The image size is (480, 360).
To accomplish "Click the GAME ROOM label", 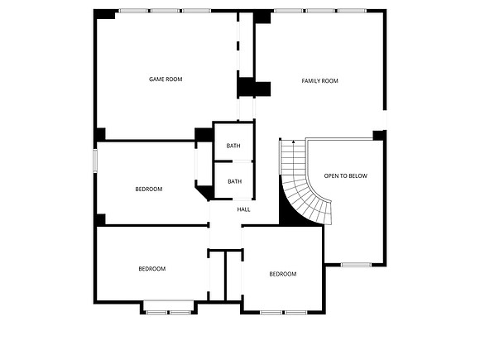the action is (166, 79).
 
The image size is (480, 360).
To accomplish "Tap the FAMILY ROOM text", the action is (320, 81).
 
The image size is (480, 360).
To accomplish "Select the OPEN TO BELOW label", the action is (346, 176).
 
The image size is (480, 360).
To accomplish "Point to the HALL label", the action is (243, 209).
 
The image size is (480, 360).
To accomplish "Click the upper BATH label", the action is (233, 146).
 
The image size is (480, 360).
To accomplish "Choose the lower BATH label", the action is (234, 181).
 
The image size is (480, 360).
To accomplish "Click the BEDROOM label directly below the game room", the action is (149, 190).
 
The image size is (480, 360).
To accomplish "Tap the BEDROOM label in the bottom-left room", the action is (152, 269).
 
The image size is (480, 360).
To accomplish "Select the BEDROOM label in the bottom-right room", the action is (283, 274).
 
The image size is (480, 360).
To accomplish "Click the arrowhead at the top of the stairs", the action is (294, 142).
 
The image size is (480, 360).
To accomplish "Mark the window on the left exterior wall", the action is (95, 161).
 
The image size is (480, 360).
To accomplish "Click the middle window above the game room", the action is (165, 11).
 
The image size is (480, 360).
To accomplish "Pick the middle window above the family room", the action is (320, 11).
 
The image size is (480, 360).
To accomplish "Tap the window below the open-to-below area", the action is (357, 265).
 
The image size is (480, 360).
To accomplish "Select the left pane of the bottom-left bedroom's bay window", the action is (156, 313).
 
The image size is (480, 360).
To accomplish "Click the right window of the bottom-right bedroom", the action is (296, 313).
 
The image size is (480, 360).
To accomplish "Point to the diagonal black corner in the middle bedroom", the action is (204, 192).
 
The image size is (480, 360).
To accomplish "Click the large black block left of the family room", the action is (254, 87).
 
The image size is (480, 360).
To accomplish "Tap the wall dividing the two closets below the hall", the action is (225, 276).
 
